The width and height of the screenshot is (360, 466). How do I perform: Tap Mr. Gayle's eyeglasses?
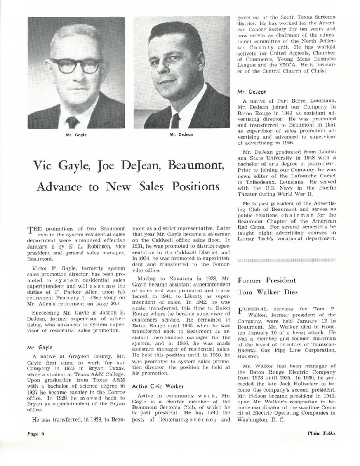[76, 66]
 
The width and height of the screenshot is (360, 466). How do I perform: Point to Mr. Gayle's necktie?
[72, 122]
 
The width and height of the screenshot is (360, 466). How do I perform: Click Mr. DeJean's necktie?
[176, 120]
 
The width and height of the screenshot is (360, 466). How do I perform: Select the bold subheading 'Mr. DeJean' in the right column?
[251, 92]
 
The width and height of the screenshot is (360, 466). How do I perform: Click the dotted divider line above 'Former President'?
[286, 259]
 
